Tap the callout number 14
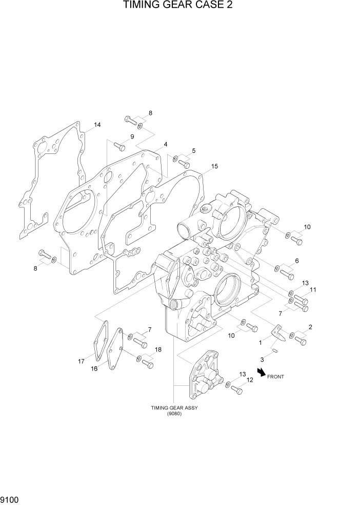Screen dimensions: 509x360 (97, 125)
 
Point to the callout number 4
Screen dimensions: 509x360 (165, 145)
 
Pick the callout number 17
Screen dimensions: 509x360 (81, 361)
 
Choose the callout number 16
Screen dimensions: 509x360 (95, 368)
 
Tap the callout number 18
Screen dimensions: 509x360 (158, 349)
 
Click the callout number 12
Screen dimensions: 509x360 (250, 380)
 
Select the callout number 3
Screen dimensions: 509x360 (263, 359)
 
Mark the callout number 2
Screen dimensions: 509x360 (310, 327)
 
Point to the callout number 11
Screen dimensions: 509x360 (313, 290)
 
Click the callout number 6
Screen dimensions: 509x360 (296, 261)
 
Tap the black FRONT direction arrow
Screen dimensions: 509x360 (262, 373)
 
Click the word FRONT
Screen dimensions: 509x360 (275, 377)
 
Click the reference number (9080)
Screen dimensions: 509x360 (174, 414)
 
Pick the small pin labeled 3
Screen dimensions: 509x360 (275, 351)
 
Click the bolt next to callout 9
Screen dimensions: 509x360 (119, 146)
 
